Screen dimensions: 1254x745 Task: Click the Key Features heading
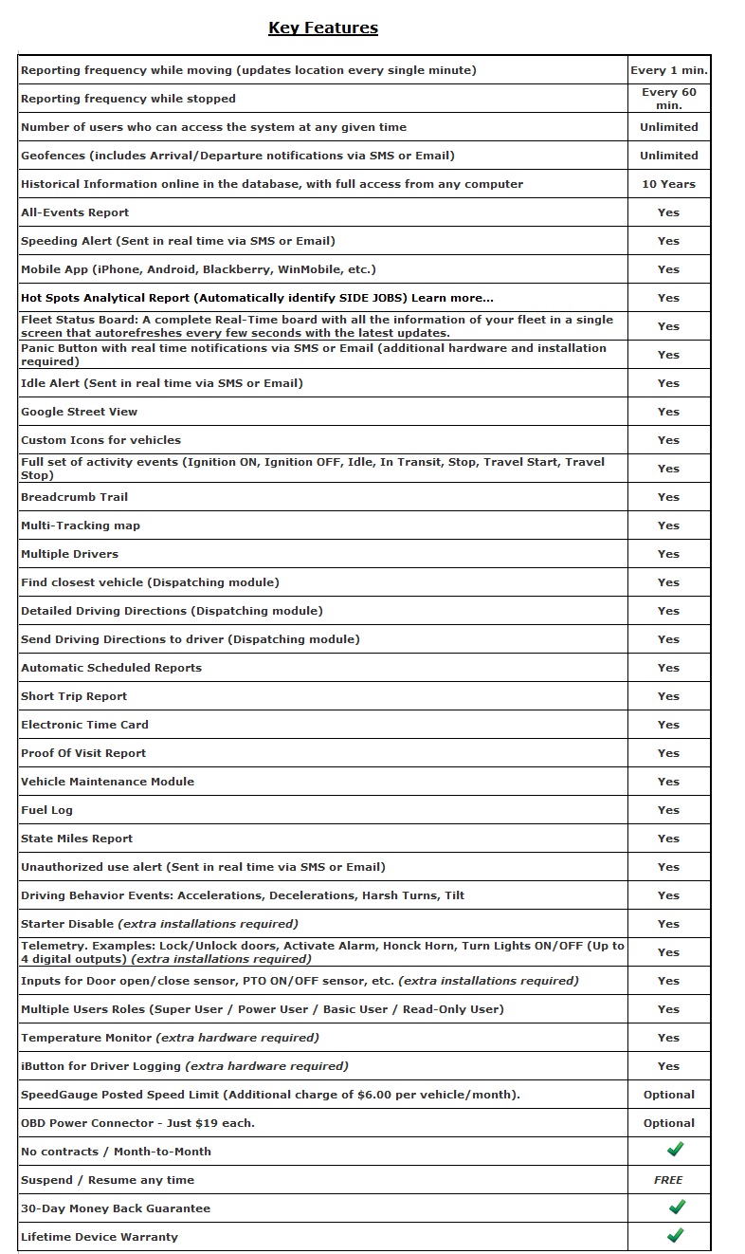[x=323, y=28]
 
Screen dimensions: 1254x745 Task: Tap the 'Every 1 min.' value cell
[x=668, y=70]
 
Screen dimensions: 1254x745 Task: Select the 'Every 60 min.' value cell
[x=668, y=99]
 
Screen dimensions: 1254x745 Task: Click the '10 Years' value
[x=668, y=184]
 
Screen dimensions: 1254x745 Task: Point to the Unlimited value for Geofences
[x=668, y=156]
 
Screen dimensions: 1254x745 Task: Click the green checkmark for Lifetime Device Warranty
[x=676, y=1235]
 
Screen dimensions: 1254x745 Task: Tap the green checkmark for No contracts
[x=676, y=1150]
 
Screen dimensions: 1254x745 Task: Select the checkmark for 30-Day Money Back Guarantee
[x=676, y=1207]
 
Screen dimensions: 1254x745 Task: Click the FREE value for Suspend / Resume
[x=668, y=1180]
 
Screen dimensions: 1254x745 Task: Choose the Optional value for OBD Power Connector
[x=668, y=1123]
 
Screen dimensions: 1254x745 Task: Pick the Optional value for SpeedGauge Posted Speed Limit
[x=668, y=1095]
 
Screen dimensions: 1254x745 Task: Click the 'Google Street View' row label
[x=79, y=412]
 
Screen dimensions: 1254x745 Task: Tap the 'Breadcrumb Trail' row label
[x=74, y=497]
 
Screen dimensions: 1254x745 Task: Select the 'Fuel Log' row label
[x=46, y=810]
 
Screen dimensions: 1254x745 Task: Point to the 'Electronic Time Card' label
[x=84, y=725]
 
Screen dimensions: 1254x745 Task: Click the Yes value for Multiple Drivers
[x=668, y=554]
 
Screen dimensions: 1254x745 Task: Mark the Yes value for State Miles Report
[x=668, y=839]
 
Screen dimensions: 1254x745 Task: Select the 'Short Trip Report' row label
[x=74, y=696]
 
